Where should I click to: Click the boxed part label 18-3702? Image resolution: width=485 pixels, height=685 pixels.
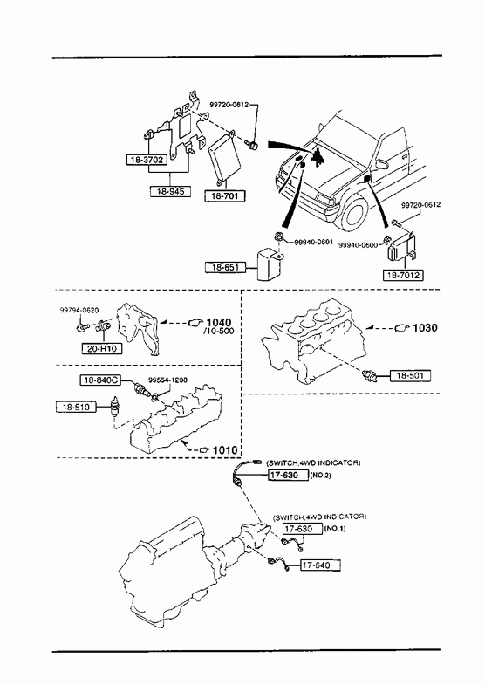(147, 160)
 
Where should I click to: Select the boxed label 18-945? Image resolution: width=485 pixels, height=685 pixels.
(170, 191)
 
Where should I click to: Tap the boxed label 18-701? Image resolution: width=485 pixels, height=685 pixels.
(225, 196)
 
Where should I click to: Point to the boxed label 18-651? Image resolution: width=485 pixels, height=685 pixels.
(225, 267)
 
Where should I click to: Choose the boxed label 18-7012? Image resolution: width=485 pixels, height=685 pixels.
(403, 275)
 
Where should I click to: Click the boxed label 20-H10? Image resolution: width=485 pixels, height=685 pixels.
(102, 349)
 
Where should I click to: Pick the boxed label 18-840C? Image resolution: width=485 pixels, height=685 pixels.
(100, 380)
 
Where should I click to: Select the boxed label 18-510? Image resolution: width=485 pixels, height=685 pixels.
(77, 408)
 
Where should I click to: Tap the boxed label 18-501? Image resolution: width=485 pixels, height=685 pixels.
(410, 375)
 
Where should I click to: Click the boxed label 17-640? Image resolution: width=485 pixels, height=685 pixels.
(320, 565)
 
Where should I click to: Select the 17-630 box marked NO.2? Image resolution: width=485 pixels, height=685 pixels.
(288, 475)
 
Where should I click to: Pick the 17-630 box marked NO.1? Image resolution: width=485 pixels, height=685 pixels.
(302, 529)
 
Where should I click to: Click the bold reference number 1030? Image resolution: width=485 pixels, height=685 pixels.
(425, 327)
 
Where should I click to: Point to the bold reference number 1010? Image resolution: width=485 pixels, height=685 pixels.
(225, 450)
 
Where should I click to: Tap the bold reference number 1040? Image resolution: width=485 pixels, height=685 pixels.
(219, 323)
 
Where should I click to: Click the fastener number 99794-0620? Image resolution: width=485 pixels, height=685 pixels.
(79, 310)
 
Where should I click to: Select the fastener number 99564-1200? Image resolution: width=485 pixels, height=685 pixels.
(168, 380)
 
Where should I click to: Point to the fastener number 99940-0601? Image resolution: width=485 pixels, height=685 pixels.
(314, 242)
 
